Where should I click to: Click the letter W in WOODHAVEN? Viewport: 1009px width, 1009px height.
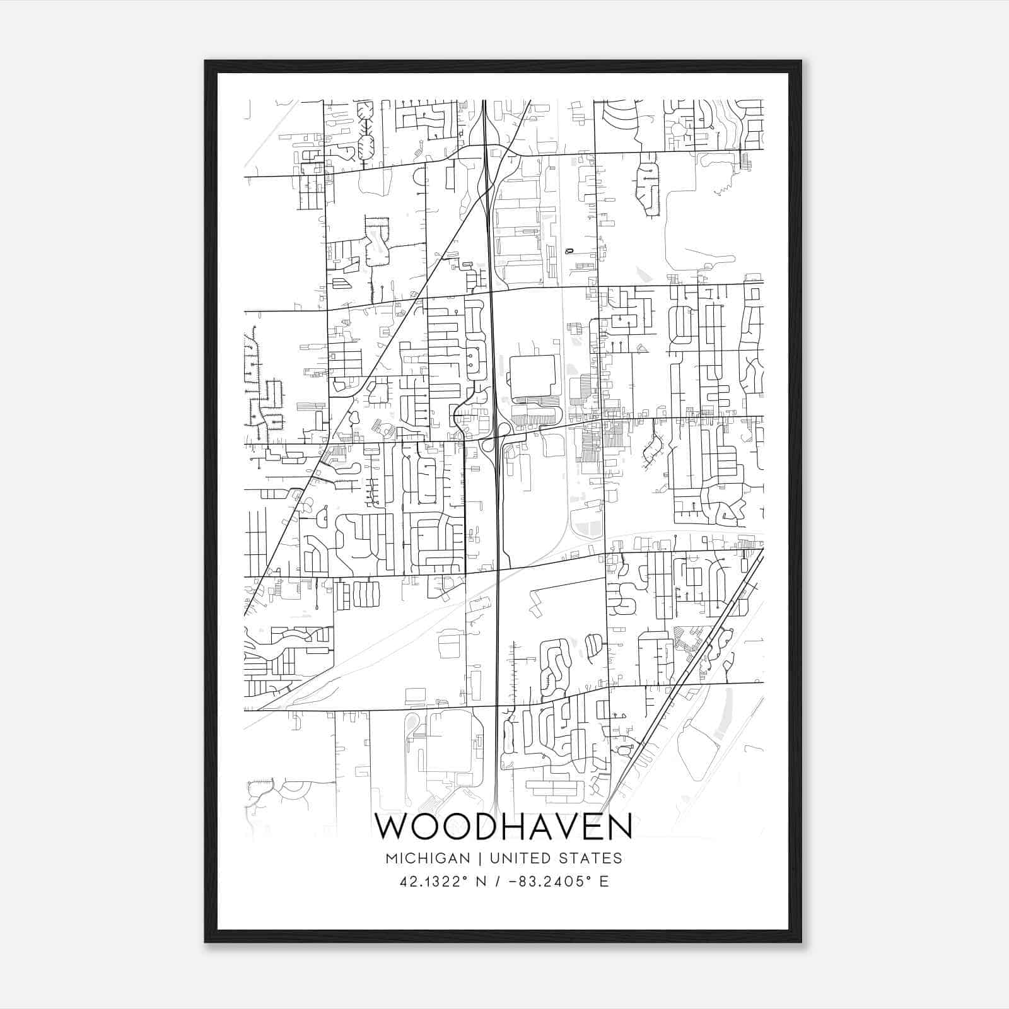(392, 827)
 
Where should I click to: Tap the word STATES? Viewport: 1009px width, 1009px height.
(592, 858)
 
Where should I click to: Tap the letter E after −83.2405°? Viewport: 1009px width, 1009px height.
(604, 882)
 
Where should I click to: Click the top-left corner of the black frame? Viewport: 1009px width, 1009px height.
(206, 62)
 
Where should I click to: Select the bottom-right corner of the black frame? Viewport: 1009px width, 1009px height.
(800, 941)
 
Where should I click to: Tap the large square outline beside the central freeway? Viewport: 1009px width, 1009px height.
(532, 377)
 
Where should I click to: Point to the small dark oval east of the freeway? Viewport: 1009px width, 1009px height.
(570, 250)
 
